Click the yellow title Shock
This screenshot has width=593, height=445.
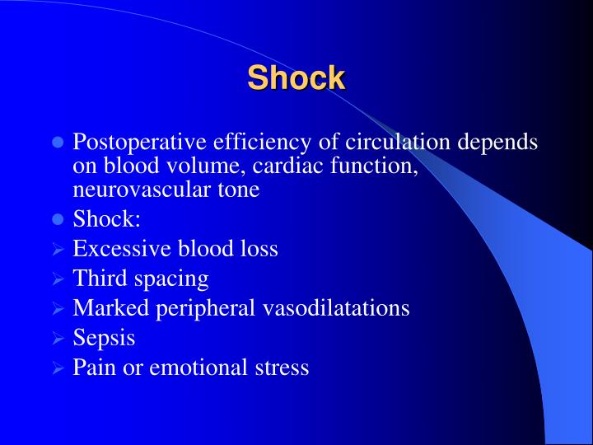click(x=296, y=78)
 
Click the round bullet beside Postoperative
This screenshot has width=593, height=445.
click(x=58, y=143)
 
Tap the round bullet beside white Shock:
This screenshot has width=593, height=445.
click(x=58, y=219)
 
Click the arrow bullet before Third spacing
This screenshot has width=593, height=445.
click(x=58, y=279)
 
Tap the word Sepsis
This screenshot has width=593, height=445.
click(x=104, y=338)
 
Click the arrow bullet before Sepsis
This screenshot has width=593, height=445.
click(x=58, y=338)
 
